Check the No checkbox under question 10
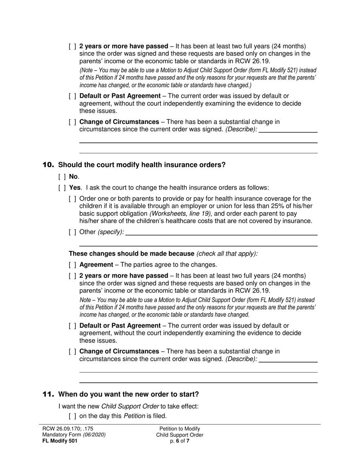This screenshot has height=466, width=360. tap(62, 177)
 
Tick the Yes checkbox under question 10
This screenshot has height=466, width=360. tap(62, 188)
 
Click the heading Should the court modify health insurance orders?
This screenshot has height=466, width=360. tap(142, 165)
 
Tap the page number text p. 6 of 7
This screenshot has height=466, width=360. tap(180, 441)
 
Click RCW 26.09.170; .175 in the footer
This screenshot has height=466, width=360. tap(67, 429)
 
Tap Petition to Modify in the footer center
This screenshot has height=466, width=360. tap(180, 429)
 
